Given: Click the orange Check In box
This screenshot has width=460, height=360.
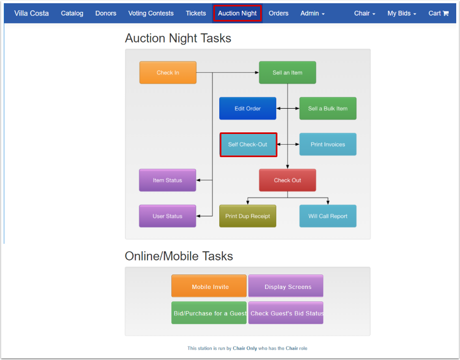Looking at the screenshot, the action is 168,73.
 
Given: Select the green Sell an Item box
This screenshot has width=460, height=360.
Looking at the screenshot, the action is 287,73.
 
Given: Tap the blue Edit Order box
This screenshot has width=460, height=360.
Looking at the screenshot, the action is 247,108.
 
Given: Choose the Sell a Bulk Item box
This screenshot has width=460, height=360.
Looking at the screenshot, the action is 327,108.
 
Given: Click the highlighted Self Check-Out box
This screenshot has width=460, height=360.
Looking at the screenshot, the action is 248,144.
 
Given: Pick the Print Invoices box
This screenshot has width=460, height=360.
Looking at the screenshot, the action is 327,144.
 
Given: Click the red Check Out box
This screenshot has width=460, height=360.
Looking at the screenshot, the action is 287,180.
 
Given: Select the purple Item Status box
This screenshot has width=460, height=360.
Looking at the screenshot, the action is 168,180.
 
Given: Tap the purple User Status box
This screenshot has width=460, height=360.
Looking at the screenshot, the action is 168,216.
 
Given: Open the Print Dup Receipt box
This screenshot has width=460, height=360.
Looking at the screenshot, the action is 247,216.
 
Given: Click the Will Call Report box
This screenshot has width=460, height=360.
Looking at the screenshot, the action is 327,216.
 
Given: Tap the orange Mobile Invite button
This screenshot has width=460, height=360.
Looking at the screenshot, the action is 209,286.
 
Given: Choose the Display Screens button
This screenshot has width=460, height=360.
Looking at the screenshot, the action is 285,286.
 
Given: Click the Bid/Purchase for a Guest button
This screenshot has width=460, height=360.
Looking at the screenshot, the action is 209,313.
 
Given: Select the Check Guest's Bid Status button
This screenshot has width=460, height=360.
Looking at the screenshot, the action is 285,313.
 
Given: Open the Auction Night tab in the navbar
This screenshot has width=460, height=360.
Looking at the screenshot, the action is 237,13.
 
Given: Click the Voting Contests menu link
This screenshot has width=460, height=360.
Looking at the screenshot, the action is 151,13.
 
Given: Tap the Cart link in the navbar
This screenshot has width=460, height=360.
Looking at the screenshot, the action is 438,13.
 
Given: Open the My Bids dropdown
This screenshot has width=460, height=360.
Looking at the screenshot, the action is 401,13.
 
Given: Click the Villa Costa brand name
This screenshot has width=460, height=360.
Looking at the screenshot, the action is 31,13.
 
